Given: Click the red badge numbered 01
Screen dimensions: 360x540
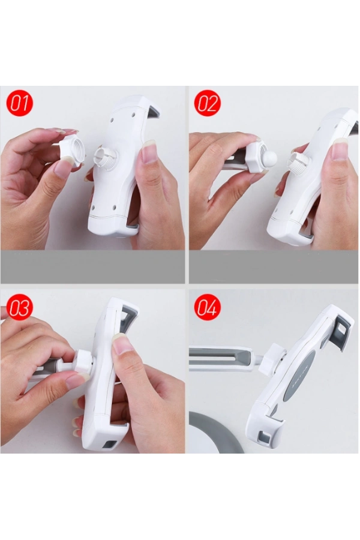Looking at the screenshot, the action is click(x=19, y=103).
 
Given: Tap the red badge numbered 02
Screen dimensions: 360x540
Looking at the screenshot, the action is click(x=207, y=103).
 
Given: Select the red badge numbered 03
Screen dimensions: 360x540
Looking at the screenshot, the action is click(x=19, y=307).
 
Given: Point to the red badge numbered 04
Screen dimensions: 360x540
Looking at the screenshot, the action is click(x=207, y=307).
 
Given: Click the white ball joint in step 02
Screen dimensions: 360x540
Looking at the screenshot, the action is click(x=269, y=157).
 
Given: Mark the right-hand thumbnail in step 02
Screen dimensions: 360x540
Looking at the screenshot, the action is click(x=340, y=149).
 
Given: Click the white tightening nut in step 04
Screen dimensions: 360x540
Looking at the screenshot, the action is click(x=272, y=359).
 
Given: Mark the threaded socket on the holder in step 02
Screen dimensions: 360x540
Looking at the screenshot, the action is click(x=296, y=160).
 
